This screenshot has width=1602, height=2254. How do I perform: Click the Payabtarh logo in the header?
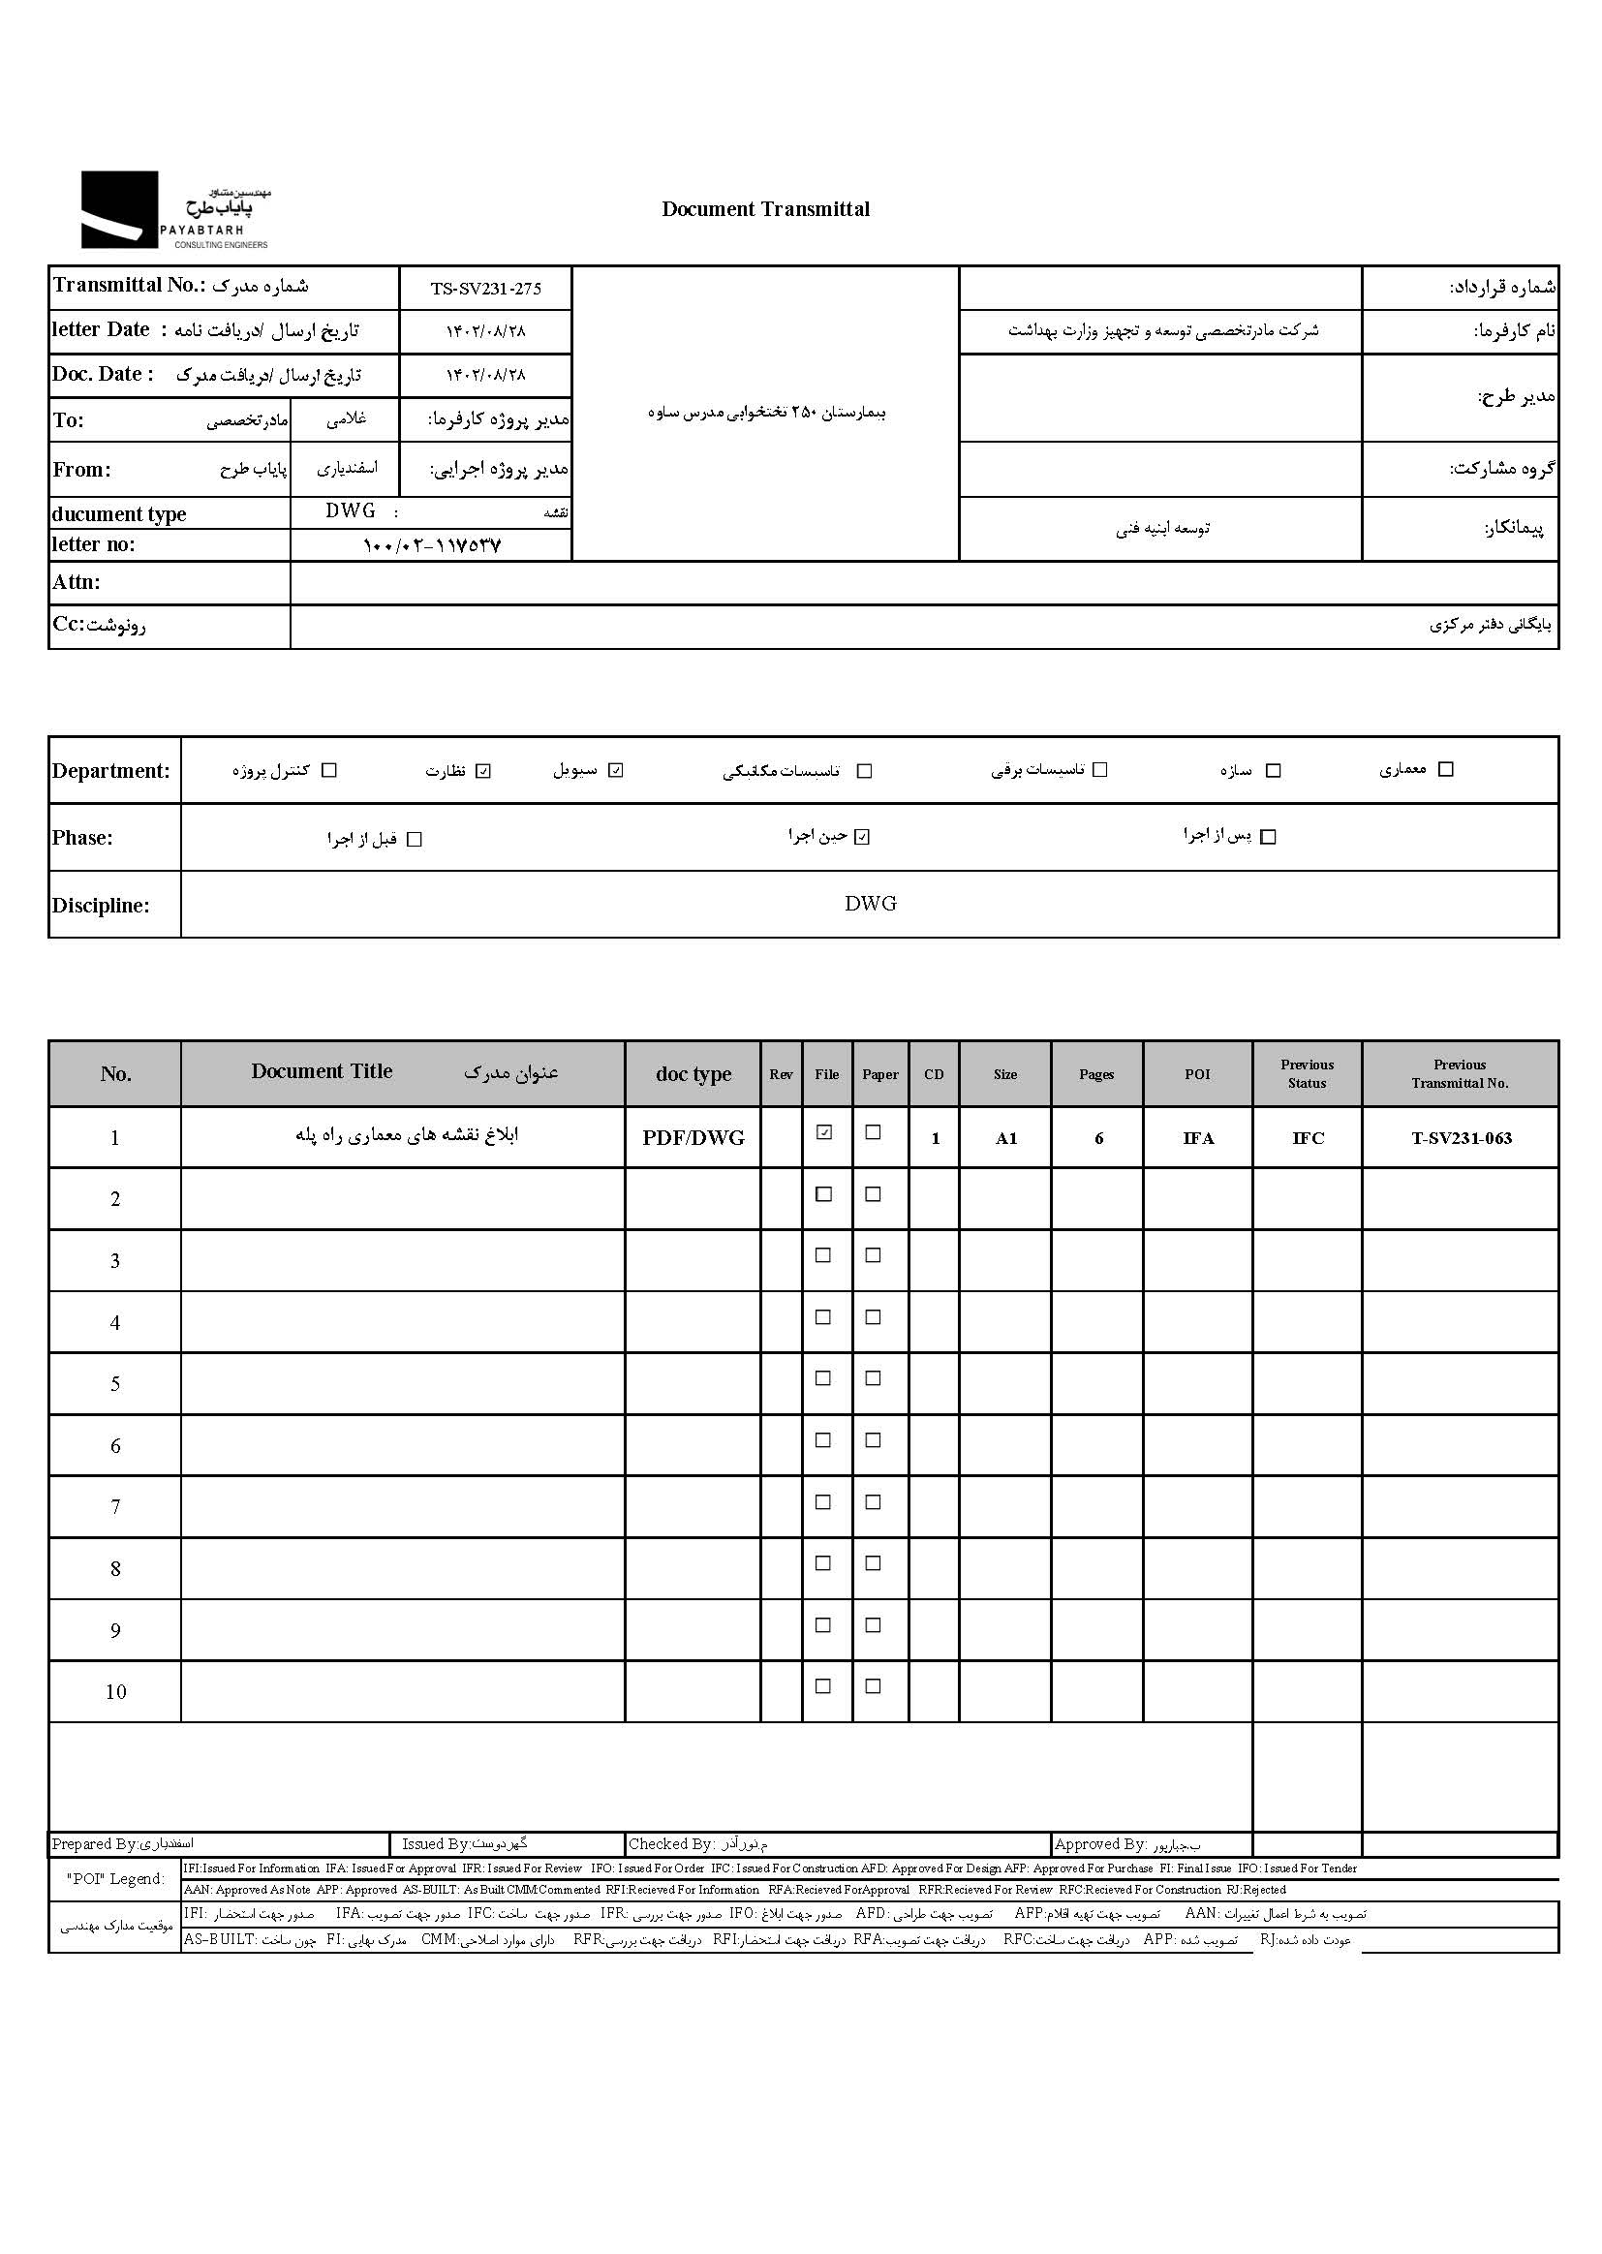pos(173,209)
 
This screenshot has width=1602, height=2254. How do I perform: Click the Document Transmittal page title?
pos(765,209)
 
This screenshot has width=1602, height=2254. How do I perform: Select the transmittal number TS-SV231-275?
pos(485,289)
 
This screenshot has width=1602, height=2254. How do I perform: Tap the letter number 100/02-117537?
pos(432,544)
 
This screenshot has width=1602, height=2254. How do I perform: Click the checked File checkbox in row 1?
pos(824,1133)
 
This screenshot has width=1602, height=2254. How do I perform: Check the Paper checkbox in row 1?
pos(873,1133)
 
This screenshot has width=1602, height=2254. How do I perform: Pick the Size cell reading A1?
pos(1005,1138)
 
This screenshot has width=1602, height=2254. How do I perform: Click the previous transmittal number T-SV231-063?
pos(1461,1138)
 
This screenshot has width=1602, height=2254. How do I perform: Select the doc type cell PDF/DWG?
pos(693,1138)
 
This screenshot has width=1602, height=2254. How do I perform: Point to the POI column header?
pos(1197,1074)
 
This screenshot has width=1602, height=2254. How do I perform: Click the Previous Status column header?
pos(1307,1074)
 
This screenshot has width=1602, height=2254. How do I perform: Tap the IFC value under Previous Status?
pos(1308,1138)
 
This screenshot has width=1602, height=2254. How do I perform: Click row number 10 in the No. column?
pos(115,1692)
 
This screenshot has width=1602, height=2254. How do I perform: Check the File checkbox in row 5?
pos(823,1378)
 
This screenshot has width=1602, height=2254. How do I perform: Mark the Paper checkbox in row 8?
pos(873,1562)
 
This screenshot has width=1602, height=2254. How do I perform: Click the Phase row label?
pos(83,838)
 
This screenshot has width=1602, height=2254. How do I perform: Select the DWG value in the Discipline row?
pos(870,904)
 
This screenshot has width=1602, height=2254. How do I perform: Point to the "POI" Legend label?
pos(115,1879)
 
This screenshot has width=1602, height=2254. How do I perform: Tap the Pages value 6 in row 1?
pos(1098,1138)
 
